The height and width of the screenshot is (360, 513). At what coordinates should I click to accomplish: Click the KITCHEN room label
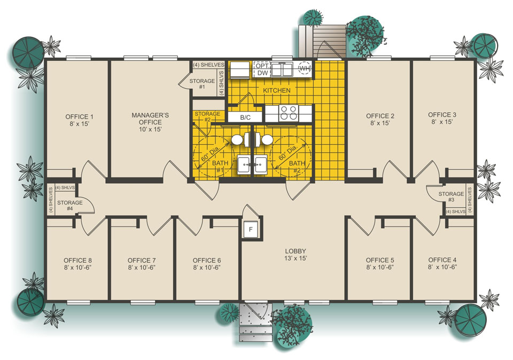[x=276, y=91]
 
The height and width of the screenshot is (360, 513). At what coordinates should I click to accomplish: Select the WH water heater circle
[x=304, y=69]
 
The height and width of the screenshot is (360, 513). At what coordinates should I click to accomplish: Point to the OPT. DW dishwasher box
[x=262, y=69]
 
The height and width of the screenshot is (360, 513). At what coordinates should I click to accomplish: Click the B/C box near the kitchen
[x=245, y=117]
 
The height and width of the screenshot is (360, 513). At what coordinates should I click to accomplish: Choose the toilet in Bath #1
[x=238, y=139]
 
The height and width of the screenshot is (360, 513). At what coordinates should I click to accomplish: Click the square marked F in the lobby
[x=250, y=230]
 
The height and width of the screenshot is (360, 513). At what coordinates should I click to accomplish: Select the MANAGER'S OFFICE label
[x=143, y=122]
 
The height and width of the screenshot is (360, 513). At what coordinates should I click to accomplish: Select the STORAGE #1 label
[x=202, y=84]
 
